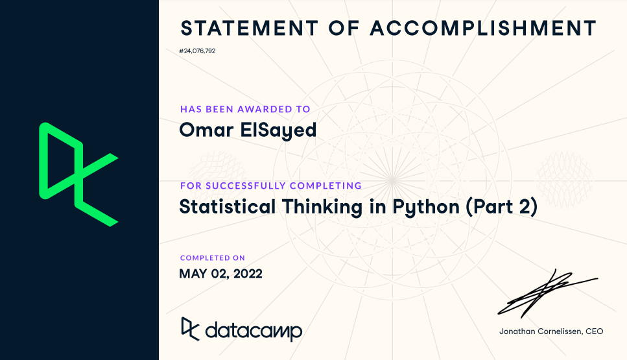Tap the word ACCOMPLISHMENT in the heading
pyautogui.click(x=482, y=29)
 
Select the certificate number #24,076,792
pyautogui.click(x=197, y=51)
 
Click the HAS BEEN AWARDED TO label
pyautogui.click(x=245, y=109)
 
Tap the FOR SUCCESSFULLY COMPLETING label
pyautogui.click(x=270, y=186)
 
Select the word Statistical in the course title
pyautogui.click(x=227, y=207)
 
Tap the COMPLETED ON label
pyautogui.click(x=213, y=258)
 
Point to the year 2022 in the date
pyautogui.click(x=246, y=274)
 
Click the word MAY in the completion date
pyautogui.click(x=193, y=274)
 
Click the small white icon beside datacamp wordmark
pyautogui.click(x=189, y=328)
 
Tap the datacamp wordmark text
pyautogui.click(x=254, y=331)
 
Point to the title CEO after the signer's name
pyautogui.click(x=594, y=331)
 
